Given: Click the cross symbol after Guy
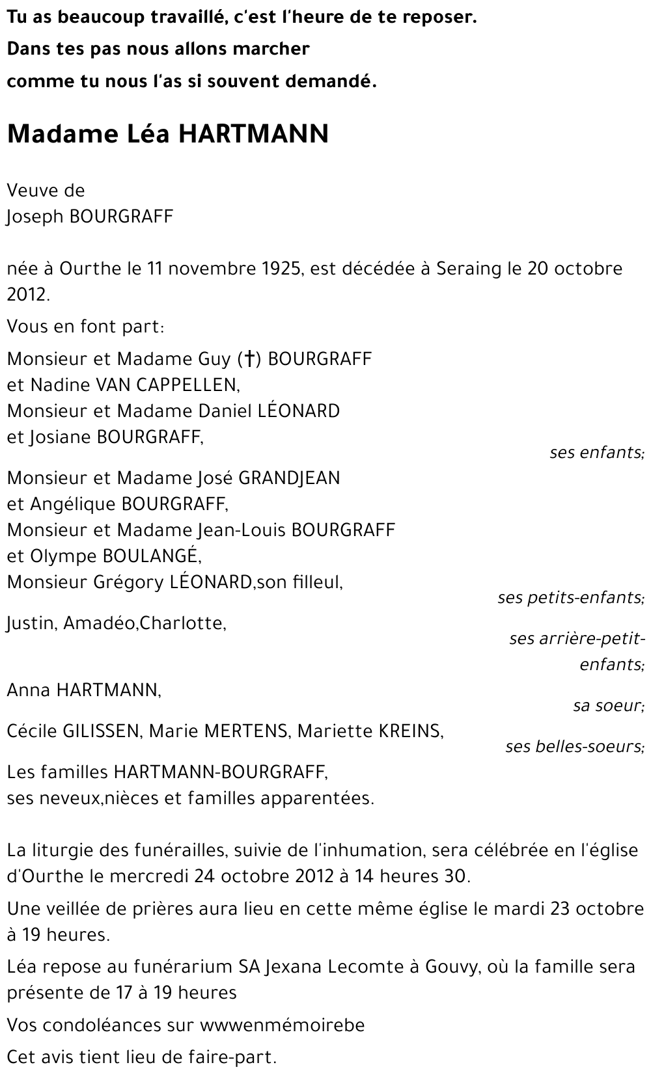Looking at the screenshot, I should click(x=249, y=359).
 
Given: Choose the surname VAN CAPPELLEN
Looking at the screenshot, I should click(x=167, y=385).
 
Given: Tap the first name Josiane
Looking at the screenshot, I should click(x=61, y=437).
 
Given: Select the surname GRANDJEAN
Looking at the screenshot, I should click(x=289, y=478).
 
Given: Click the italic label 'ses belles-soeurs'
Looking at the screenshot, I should click(x=575, y=746).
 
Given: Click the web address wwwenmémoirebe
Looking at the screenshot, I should click(x=282, y=1025).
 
